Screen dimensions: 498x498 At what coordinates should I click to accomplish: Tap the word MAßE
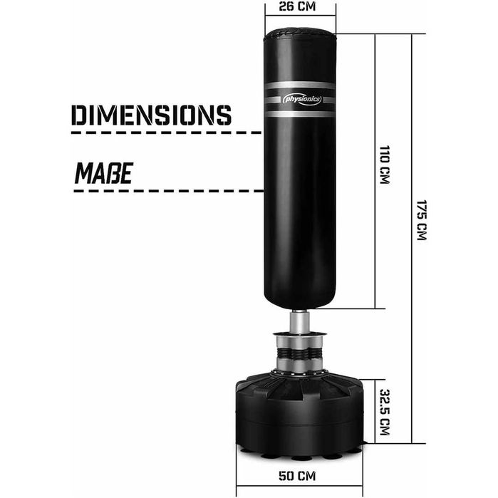point(104,173)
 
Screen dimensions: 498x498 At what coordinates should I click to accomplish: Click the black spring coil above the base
point(300,353)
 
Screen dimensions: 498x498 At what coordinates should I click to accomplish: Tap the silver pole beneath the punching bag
point(299,322)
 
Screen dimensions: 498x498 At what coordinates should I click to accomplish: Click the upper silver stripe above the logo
point(300,85)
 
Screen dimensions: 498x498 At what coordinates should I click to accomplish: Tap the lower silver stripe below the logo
point(300,113)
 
